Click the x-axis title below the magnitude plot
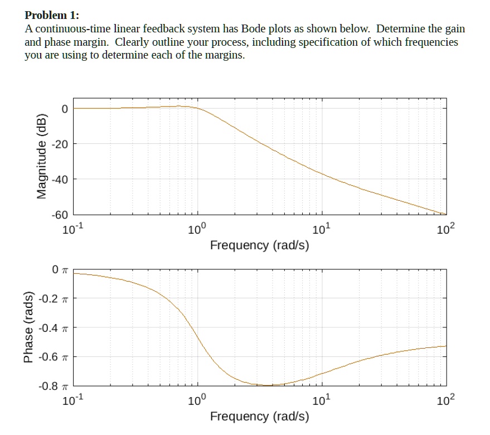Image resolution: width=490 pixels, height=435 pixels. pos(259,245)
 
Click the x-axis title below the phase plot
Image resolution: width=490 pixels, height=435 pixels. pos(259,416)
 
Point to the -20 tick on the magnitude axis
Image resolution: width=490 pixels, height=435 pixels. pos(60,144)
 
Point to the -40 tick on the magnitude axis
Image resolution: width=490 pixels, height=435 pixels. pos(60,180)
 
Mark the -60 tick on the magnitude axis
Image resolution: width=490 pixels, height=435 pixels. pos(60,215)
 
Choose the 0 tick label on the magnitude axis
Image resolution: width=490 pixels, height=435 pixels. pos(65,109)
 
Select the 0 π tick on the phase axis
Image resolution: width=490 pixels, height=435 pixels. pos(60,270)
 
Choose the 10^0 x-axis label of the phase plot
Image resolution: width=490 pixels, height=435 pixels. pos(197,400)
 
